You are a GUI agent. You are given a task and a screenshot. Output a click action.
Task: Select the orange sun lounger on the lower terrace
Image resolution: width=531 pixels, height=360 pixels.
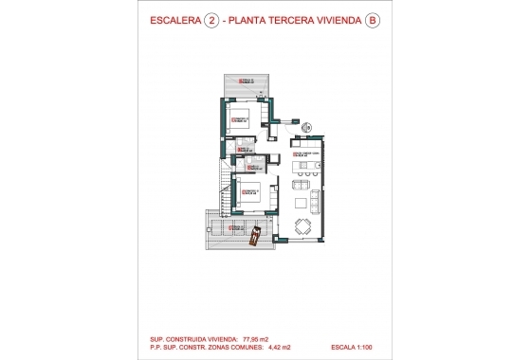tap(253, 239)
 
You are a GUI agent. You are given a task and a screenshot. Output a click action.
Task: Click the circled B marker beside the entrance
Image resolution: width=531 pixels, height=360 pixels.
tap(307, 127)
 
